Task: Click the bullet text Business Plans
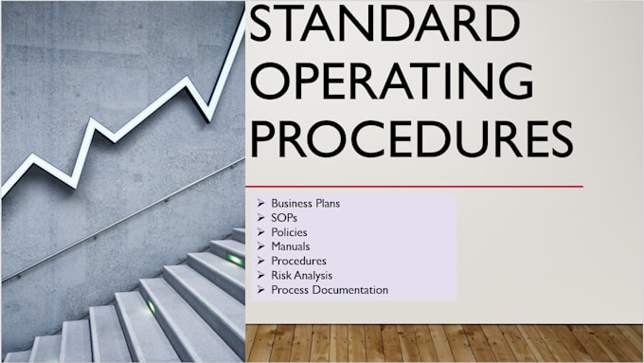[305, 204]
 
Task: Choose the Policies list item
[289, 232]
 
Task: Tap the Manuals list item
[291, 246]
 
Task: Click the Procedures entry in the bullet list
[298, 261]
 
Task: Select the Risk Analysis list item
[301, 276]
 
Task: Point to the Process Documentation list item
[329, 290]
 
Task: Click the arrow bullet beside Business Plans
[259, 204]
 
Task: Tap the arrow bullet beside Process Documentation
[259, 290]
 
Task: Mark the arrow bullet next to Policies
[259, 232]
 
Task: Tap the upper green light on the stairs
[234, 259]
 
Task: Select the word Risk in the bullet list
[281, 276]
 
